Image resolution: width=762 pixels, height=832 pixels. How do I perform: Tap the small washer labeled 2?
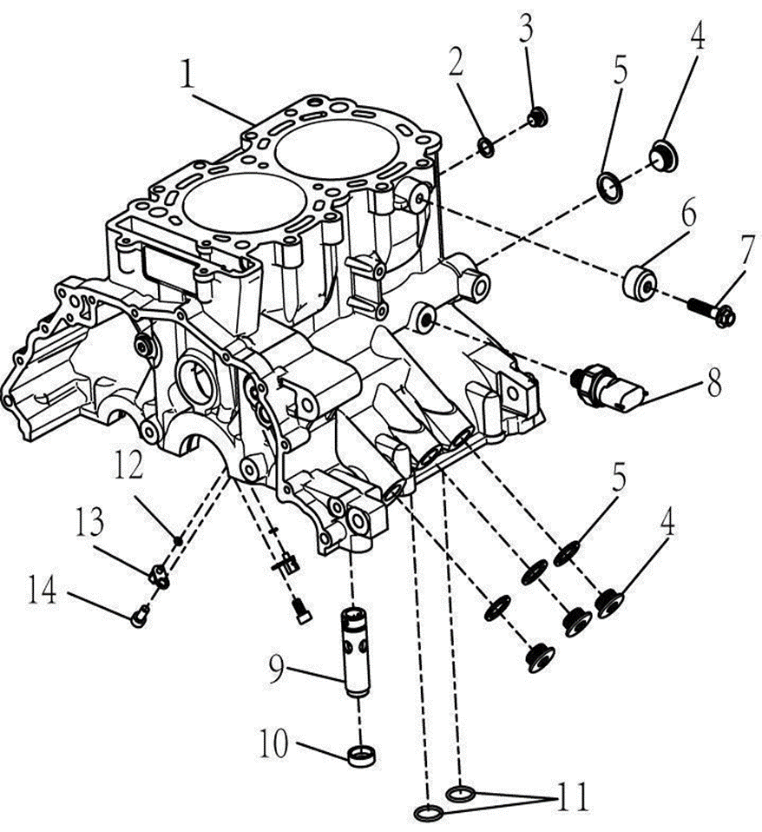pos(487,149)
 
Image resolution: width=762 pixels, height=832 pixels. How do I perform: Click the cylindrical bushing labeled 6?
pos(640,281)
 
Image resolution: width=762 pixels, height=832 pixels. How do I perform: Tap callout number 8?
pos(713,384)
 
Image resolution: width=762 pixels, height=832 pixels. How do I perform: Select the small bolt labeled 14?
pos(138,617)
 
